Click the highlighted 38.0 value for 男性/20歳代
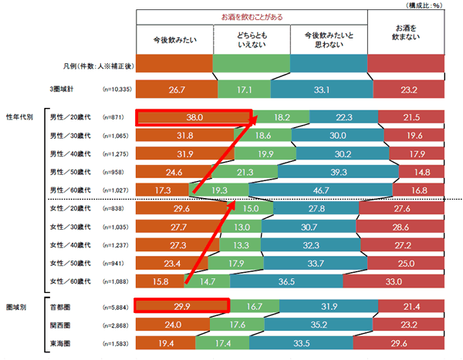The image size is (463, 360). point(194,117)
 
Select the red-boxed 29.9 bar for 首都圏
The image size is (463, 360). point(182,306)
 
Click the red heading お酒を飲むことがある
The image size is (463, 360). point(252,16)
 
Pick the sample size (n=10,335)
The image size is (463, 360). point(117,89)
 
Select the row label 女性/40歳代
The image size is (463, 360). point(70,245)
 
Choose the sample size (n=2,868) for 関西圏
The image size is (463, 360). point(116,324)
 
